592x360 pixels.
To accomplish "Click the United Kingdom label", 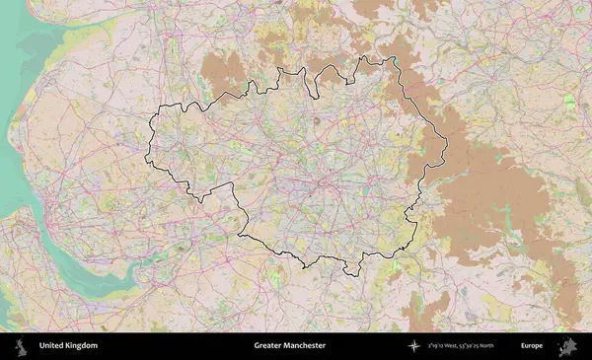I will (x=68, y=346).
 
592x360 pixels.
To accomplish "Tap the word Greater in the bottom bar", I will (x=268, y=346).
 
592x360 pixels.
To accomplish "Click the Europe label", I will (x=532, y=346).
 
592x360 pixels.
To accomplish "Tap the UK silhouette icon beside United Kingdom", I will (x=19, y=346).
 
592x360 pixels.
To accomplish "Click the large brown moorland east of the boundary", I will (x=493, y=197).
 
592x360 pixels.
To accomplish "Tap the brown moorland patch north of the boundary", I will (x=225, y=74).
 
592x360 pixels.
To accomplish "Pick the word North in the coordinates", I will (x=502, y=346).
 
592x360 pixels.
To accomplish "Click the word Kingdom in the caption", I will (x=81, y=346).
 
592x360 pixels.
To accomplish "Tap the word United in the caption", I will (x=51, y=346).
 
